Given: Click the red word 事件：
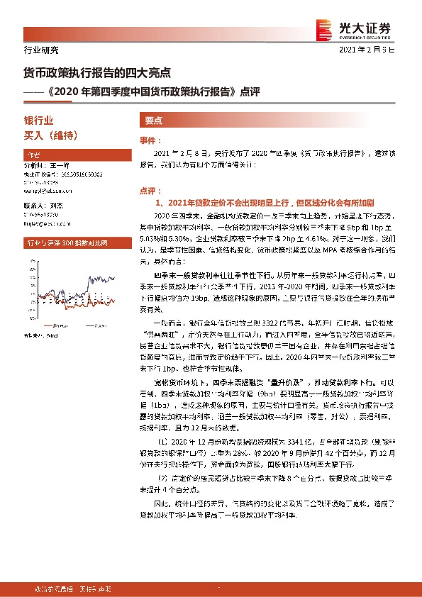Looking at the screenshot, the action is tap(150, 142).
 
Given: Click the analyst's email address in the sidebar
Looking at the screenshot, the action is tap(52, 190).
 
